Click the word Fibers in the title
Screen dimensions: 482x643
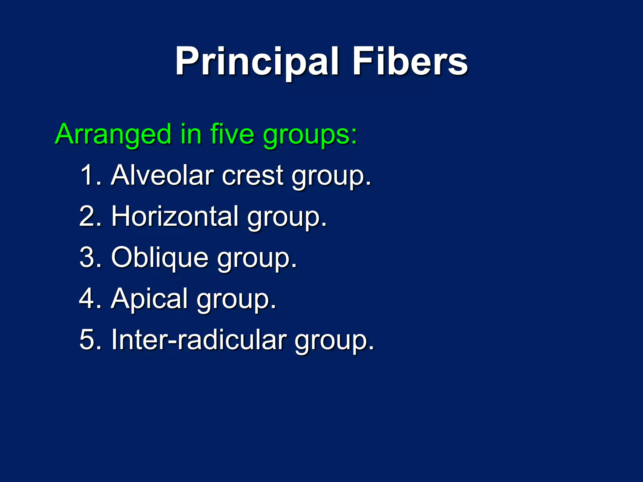pyautogui.click(x=410, y=62)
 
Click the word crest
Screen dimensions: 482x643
pyautogui.click(x=253, y=176)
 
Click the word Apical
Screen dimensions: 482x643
pyautogui.click(x=149, y=299)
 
